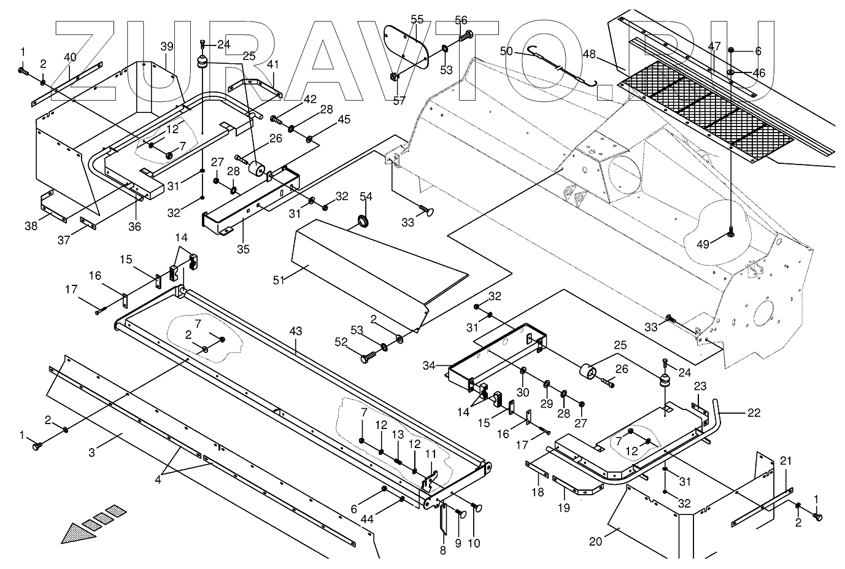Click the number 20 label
pyautogui.click(x=596, y=541)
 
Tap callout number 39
pyautogui.click(x=167, y=47)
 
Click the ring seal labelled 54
pyautogui.click(x=363, y=220)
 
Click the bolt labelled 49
pyautogui.click(x=731, y=232)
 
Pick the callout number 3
pyautogui.click(x=91, y=453)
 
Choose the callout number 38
pyautogui.click(x=31, y=225)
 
